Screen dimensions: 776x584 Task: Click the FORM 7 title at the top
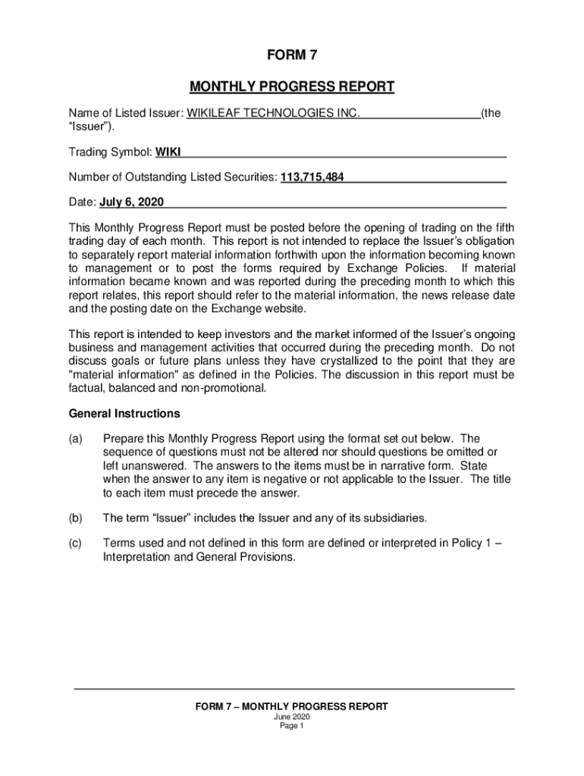tap(292, 55)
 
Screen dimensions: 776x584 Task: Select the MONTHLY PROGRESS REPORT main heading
tap(292, 86)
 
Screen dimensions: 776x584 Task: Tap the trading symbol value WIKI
tap(168, 152)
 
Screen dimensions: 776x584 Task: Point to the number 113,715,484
tap(312, 177)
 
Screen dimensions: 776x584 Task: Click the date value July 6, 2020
tap(131, 203)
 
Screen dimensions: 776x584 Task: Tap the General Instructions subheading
tap(124, 414)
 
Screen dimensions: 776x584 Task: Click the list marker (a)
tap(76, 439)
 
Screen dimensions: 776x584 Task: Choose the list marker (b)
tap(76, 518)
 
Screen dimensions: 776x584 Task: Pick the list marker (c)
tap(76, 543)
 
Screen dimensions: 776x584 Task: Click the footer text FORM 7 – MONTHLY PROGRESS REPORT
tap(292, 706)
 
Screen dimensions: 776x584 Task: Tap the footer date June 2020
tap(292, 717)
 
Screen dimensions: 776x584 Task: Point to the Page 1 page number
tap(292, 726)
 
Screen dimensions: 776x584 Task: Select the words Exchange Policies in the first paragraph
tap(394, 268)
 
